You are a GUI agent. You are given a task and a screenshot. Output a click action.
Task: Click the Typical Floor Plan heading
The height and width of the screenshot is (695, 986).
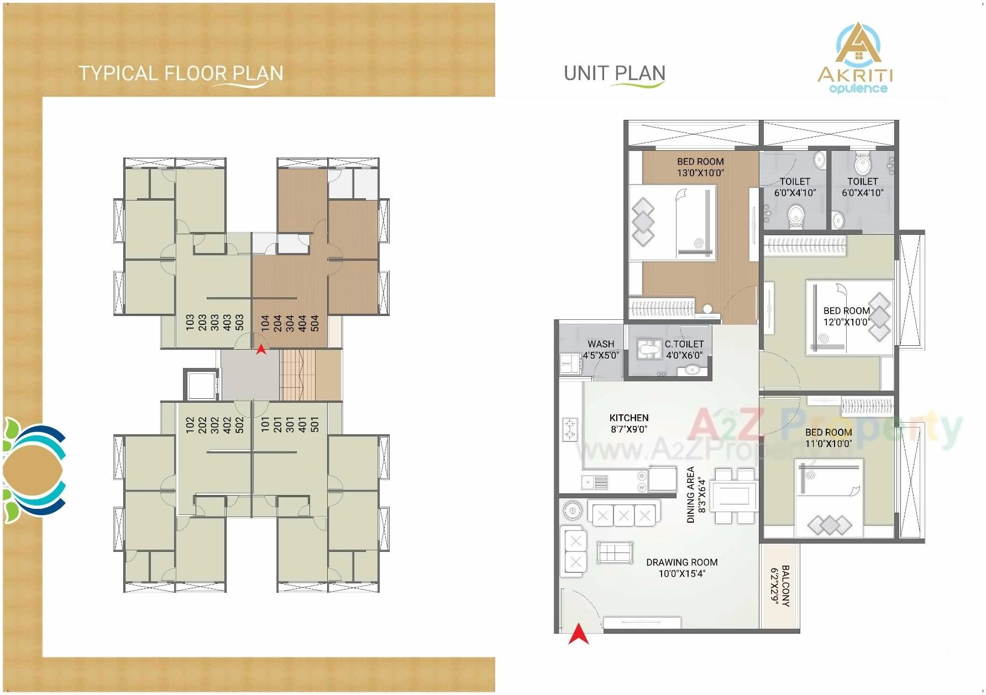(181, 73)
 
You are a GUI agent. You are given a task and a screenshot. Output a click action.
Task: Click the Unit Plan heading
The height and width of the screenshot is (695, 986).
(614, 73)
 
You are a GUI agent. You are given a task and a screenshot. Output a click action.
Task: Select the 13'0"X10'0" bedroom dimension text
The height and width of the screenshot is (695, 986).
(700, 173)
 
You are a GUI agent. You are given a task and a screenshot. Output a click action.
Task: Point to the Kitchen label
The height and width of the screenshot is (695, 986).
(629, 418)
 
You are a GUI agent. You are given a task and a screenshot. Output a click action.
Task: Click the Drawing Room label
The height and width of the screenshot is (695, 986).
(682, 562)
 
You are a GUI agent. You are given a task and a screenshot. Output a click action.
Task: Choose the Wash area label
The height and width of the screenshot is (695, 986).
(601, 344)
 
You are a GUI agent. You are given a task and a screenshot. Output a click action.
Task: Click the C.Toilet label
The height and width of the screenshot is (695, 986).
(684, 344)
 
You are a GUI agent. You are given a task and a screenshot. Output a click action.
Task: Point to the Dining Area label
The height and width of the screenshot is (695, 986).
(690, 495)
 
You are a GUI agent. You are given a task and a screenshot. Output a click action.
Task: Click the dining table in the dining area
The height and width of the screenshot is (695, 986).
(734, 496)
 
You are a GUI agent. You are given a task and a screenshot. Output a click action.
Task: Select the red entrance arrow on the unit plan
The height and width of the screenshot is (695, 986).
(578, 634)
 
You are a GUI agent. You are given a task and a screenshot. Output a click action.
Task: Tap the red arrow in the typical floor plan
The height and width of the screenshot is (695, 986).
(261, 349)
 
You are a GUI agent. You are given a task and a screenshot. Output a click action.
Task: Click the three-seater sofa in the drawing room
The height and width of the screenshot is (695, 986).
(623, 515)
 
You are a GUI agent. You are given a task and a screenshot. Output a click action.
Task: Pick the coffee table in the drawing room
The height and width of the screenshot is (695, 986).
(615, 552)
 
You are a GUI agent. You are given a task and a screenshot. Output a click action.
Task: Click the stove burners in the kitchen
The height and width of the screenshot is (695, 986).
(569, 429)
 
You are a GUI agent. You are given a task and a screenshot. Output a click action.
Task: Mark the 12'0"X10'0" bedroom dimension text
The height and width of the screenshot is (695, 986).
(847, 322)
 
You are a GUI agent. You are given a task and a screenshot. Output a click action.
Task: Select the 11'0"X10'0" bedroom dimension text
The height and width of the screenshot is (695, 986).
(828, 444)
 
